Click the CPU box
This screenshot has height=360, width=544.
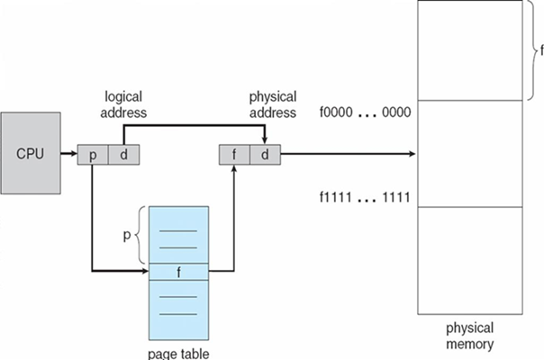31,152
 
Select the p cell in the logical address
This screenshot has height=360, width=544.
93,155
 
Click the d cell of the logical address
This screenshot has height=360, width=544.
122,155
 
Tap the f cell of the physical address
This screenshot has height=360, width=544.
234,155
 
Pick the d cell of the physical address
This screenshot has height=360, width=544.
264,155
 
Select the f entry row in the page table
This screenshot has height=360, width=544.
178,270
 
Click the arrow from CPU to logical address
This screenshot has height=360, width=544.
68,155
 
